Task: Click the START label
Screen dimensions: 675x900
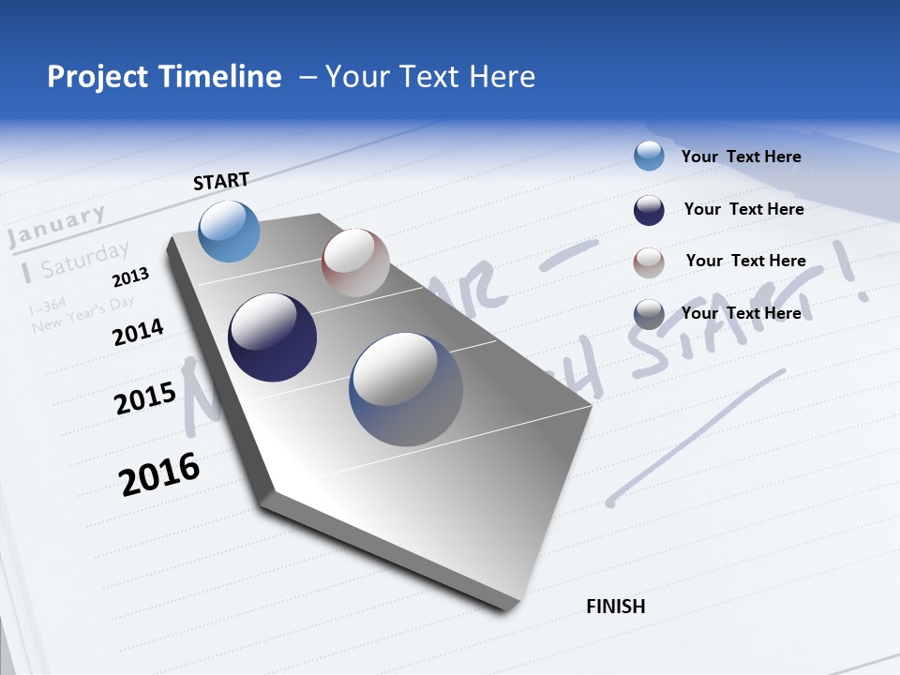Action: coord(221,181)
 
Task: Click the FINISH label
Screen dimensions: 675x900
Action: coord(615,607)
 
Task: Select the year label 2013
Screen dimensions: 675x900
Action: coord(130,277)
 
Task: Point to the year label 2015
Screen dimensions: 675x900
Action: coord(144,399)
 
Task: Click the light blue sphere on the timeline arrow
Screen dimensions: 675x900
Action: coord(230,231)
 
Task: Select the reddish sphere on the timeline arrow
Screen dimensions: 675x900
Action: coord(355,262)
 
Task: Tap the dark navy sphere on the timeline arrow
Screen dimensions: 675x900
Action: coord(272,337)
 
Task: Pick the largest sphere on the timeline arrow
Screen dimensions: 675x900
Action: coord(406,389)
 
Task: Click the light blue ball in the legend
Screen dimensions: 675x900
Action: coord(649,156)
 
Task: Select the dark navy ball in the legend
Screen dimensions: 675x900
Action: coord(649,210)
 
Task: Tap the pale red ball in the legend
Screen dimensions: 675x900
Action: coord(649,262)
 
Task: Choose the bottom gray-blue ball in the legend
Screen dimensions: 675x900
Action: coord(649,314)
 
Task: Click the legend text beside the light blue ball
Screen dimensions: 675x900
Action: coord(741,157)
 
